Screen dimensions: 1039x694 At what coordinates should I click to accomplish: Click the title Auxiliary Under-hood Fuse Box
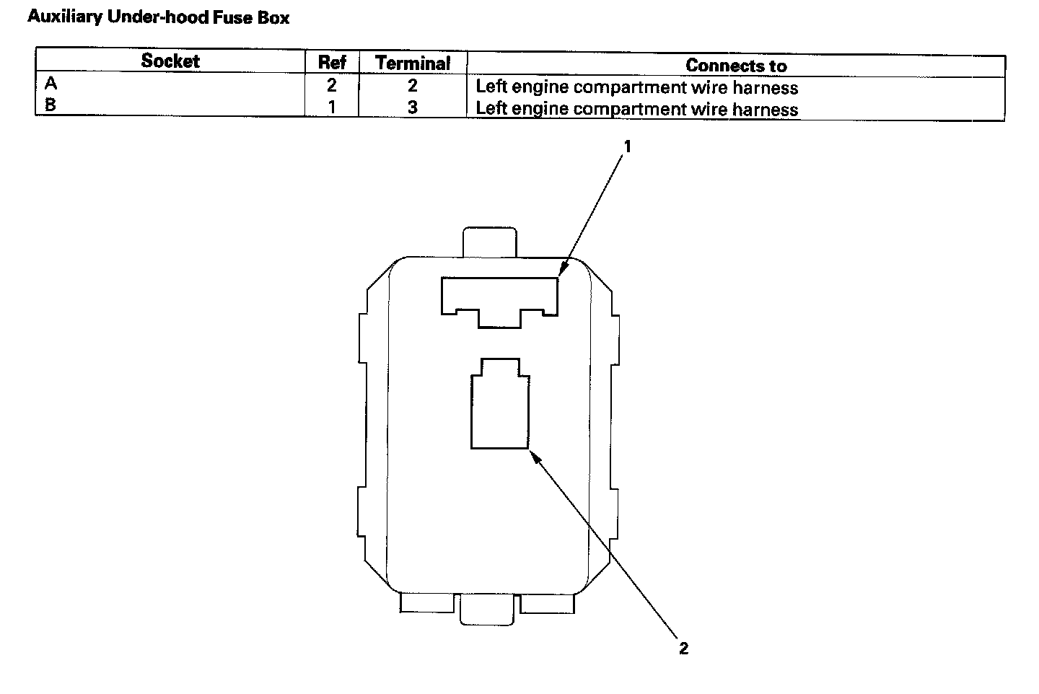click(158, 17)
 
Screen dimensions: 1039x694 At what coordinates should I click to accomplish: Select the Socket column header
click(170, 61)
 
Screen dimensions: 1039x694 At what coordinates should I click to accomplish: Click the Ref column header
click(332, 63)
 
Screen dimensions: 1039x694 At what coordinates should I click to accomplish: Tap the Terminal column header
click(413, 63)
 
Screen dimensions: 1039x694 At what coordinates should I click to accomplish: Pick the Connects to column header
click(735, 66)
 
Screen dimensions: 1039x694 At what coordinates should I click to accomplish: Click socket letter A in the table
click(51, 84)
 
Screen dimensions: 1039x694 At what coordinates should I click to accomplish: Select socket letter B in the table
click(51, 105)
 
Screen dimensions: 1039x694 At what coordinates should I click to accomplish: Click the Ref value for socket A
click(331, 86)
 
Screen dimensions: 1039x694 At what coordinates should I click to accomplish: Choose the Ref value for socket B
click(331, 107)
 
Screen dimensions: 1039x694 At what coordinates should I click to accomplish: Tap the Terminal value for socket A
click(412, 86)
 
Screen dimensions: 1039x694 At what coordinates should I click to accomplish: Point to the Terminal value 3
click(412, 108)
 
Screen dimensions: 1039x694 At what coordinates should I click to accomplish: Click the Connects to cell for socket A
click(636, 88)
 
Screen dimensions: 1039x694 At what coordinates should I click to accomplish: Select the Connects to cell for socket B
click(636, 110)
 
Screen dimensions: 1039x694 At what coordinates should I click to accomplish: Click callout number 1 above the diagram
click(627, 146)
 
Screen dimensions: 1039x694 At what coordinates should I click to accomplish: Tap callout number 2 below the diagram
click(683, 648)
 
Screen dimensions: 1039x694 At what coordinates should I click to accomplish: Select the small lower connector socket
click(499, 408)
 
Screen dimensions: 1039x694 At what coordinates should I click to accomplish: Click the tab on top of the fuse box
click(489, 242)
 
